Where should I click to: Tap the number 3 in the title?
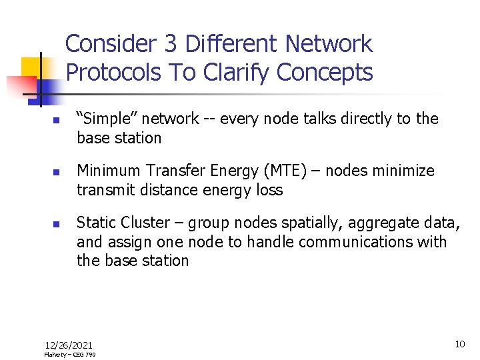pyautogui.click(x=171, y=44)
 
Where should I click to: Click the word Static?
pyautogui.click(x=95, y=223)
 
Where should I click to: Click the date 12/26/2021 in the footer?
pyautogui.click(x=69, y=345)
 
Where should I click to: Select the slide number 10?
pyautogui.click(x=459, y=344)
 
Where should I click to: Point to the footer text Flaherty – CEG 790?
pyautogui.click(x=69, y=355)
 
